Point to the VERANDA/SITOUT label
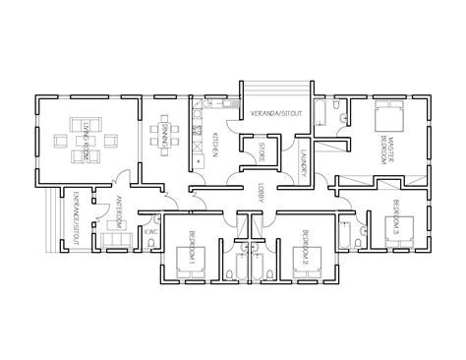coord(275,115)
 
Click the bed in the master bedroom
coord(382,113)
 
